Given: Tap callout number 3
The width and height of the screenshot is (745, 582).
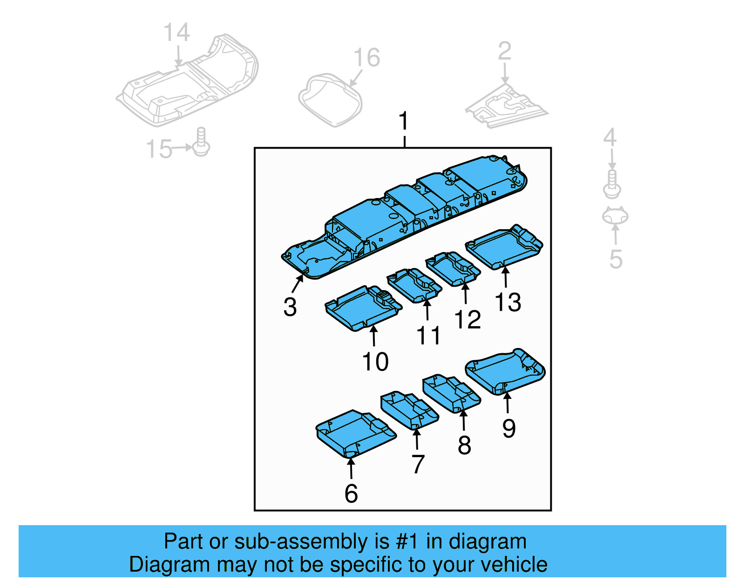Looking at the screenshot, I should [x=290, y=307].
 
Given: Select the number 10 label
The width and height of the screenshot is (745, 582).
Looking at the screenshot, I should [x=375, y=362].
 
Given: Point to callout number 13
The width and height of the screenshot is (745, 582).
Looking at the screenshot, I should [x=508, y=302].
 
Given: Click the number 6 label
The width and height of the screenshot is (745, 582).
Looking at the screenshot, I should [x=351, y=494].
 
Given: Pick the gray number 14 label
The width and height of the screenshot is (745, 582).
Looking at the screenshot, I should [x=176, y=33].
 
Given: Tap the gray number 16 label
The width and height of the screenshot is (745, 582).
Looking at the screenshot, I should [x=366, y=58].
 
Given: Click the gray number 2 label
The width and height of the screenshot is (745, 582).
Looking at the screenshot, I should [x=505, y=51].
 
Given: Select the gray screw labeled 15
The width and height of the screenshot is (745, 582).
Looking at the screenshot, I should [x=201, y=142].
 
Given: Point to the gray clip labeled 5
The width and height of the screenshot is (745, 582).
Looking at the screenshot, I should [x=615, y=216].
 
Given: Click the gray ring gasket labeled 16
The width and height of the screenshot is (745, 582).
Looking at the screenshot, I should [x=330, y=100].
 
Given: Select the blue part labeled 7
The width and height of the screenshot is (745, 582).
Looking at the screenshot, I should [x=409, y=411].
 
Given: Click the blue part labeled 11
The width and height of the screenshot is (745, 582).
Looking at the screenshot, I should [x=414, y=285].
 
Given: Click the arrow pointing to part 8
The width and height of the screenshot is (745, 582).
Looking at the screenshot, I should [x=463, y=420].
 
